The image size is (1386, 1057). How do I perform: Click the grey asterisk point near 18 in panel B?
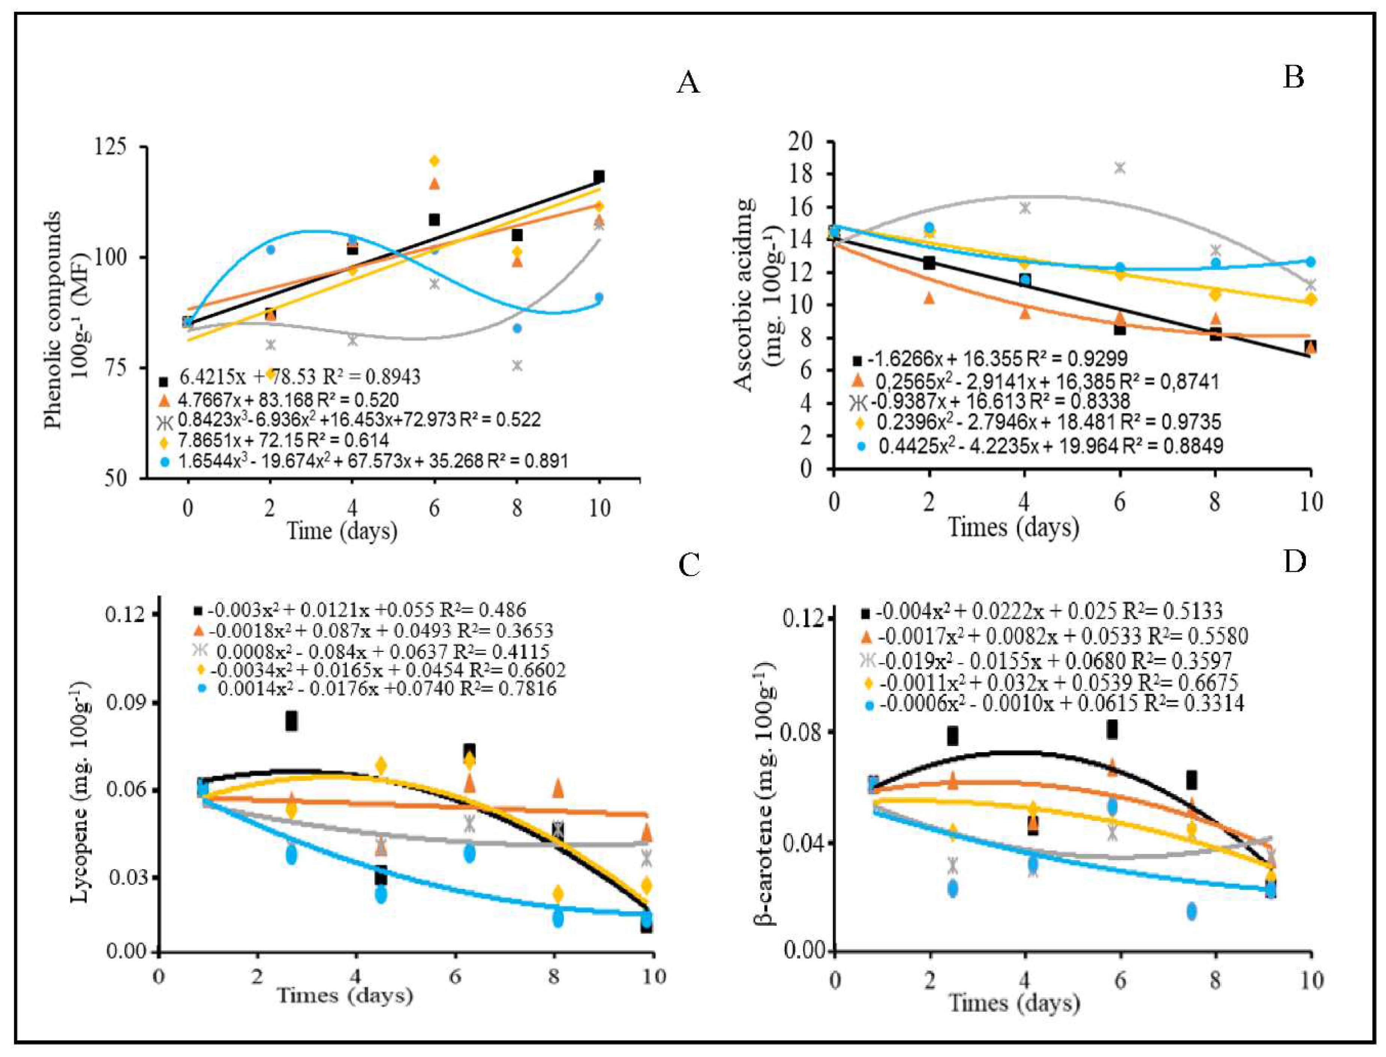[1119, 168]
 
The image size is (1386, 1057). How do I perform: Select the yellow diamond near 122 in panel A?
[434, 161]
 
